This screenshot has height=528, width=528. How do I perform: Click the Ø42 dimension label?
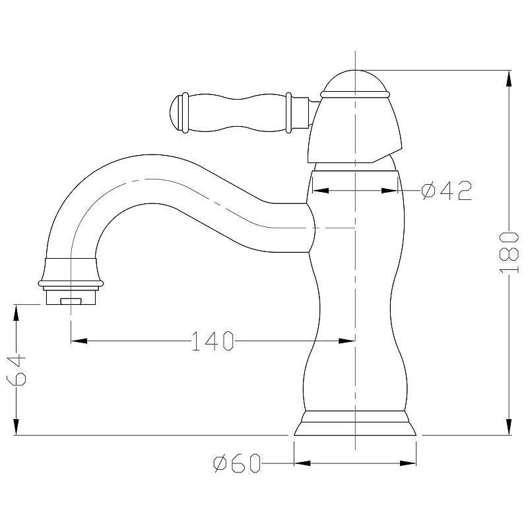pos(447,191)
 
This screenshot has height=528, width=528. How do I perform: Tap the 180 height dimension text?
pos(508,252)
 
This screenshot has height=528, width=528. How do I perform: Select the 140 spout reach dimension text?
pos(213,341)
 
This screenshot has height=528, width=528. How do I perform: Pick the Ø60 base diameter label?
pos(237,463)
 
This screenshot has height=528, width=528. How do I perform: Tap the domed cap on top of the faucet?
pos(355,83)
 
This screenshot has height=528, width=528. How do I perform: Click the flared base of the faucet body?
pos(355,423)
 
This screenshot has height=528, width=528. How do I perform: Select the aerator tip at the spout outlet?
pos(71,295)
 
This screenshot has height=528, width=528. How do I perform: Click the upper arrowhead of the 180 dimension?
pos(509,79)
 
